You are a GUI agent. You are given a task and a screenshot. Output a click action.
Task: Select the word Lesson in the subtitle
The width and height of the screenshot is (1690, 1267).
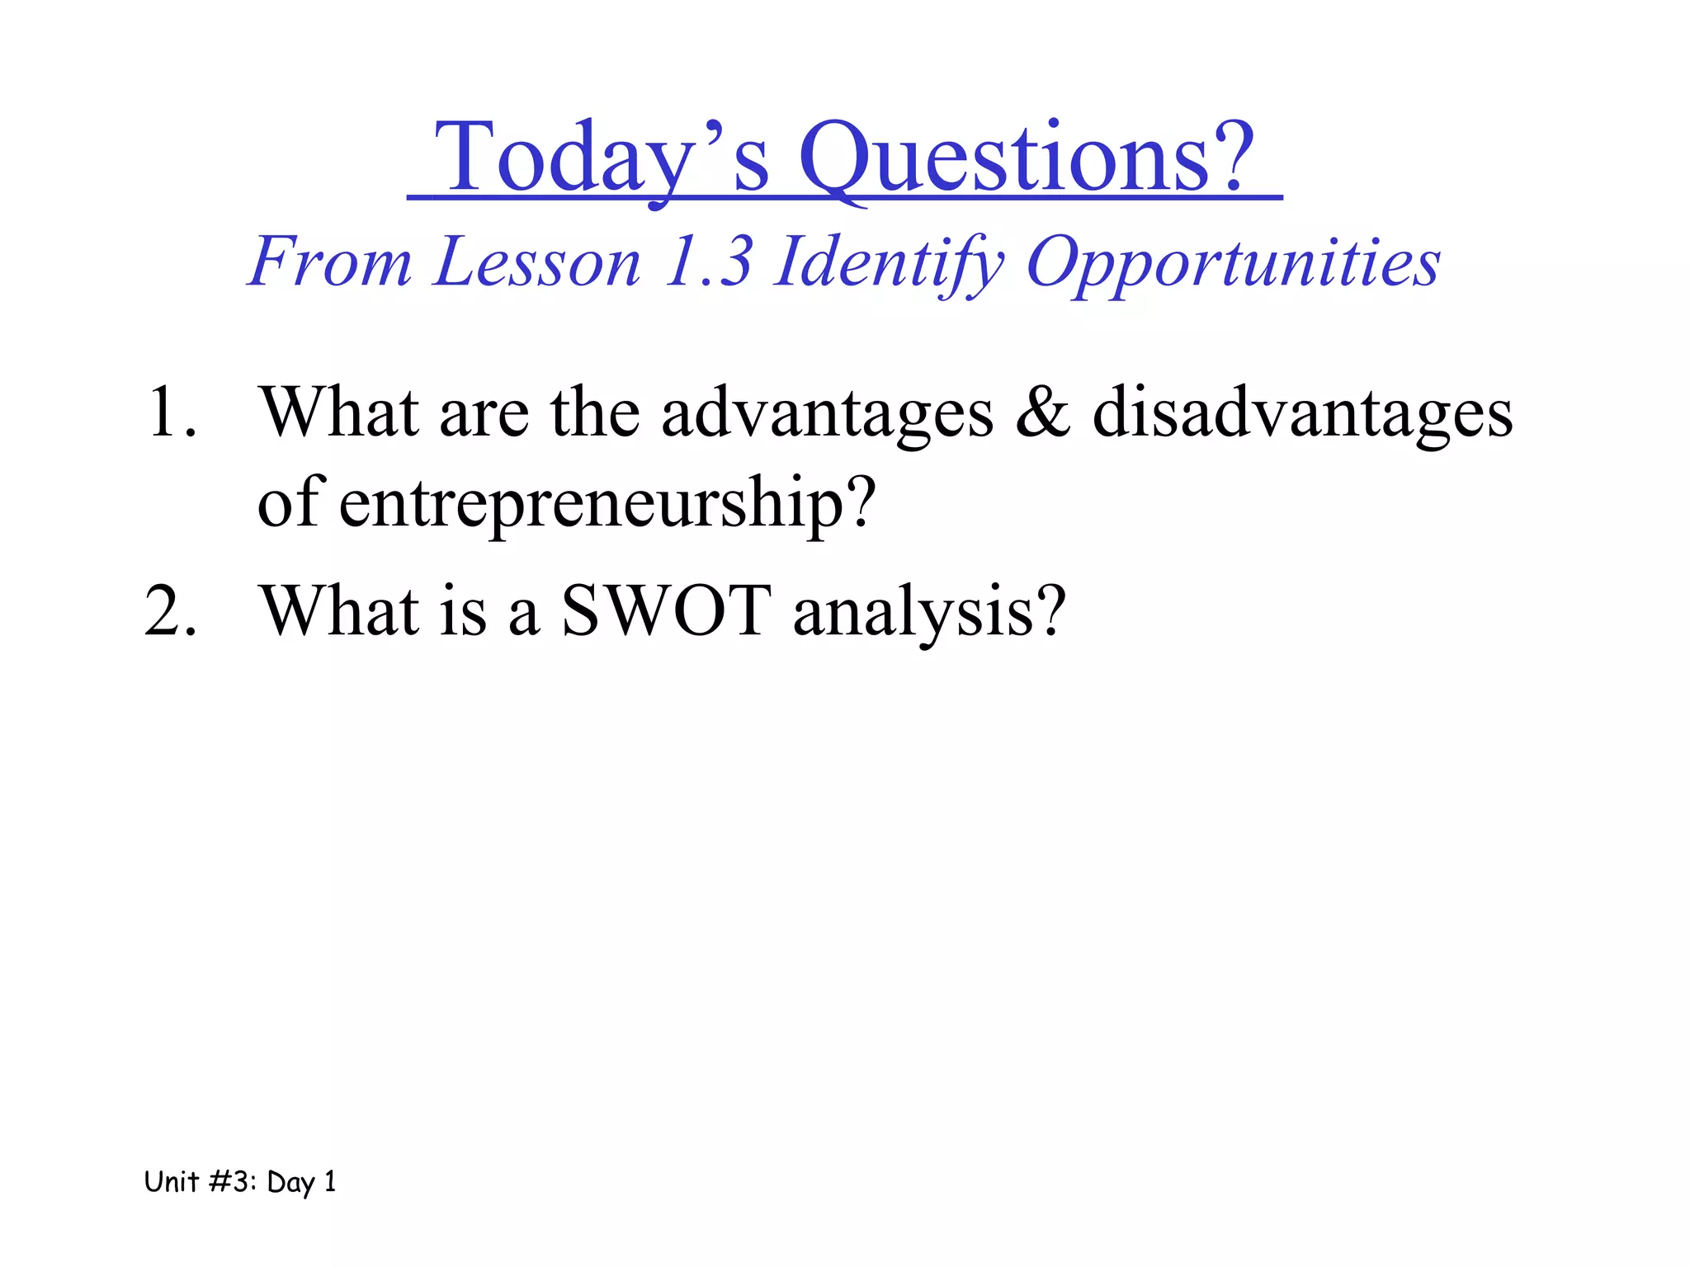tap(537, 262)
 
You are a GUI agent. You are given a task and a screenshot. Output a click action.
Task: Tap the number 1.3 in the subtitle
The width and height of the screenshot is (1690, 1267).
tap(709, 262)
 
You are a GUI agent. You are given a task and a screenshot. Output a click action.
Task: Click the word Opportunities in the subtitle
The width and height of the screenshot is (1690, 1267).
tap(1233, 262)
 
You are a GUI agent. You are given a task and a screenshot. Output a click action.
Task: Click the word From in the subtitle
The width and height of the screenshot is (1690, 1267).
tap(330, 262)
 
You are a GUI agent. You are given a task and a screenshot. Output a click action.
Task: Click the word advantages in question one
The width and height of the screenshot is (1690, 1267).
tap(827, 412)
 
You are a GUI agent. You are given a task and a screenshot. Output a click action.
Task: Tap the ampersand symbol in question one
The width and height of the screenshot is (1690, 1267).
tap(1043, 412)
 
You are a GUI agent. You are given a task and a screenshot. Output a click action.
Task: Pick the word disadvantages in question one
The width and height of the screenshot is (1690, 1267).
tap(1302, 412)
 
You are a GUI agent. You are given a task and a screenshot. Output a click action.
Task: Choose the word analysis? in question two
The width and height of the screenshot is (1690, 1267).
tap(929, 611)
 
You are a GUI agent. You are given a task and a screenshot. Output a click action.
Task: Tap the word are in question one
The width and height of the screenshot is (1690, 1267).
tap(484, 412)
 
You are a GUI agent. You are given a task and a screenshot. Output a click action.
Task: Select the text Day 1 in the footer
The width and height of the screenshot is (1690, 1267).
tap(301, 1182)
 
